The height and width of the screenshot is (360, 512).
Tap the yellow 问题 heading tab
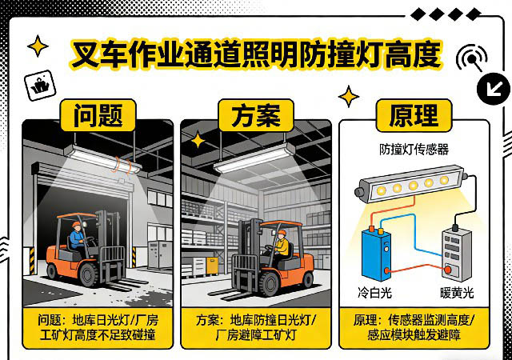pyautogui.click(x=98, y=114)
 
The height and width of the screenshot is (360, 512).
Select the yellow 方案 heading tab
pyautogui.click(x=255, y=114)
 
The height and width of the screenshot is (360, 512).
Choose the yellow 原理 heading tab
pyautogui.click(x=413, y=114)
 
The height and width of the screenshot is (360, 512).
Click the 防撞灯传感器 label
pyautogui.click(x=413, y=150)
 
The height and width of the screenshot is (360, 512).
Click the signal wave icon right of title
pyautogui.click(x=471, y=59)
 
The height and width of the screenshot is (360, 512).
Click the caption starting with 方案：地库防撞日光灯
pyautogui.click(x=256, y=327)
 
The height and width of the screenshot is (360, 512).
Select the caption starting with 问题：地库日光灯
pyautogui.click(x=98, y=327)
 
